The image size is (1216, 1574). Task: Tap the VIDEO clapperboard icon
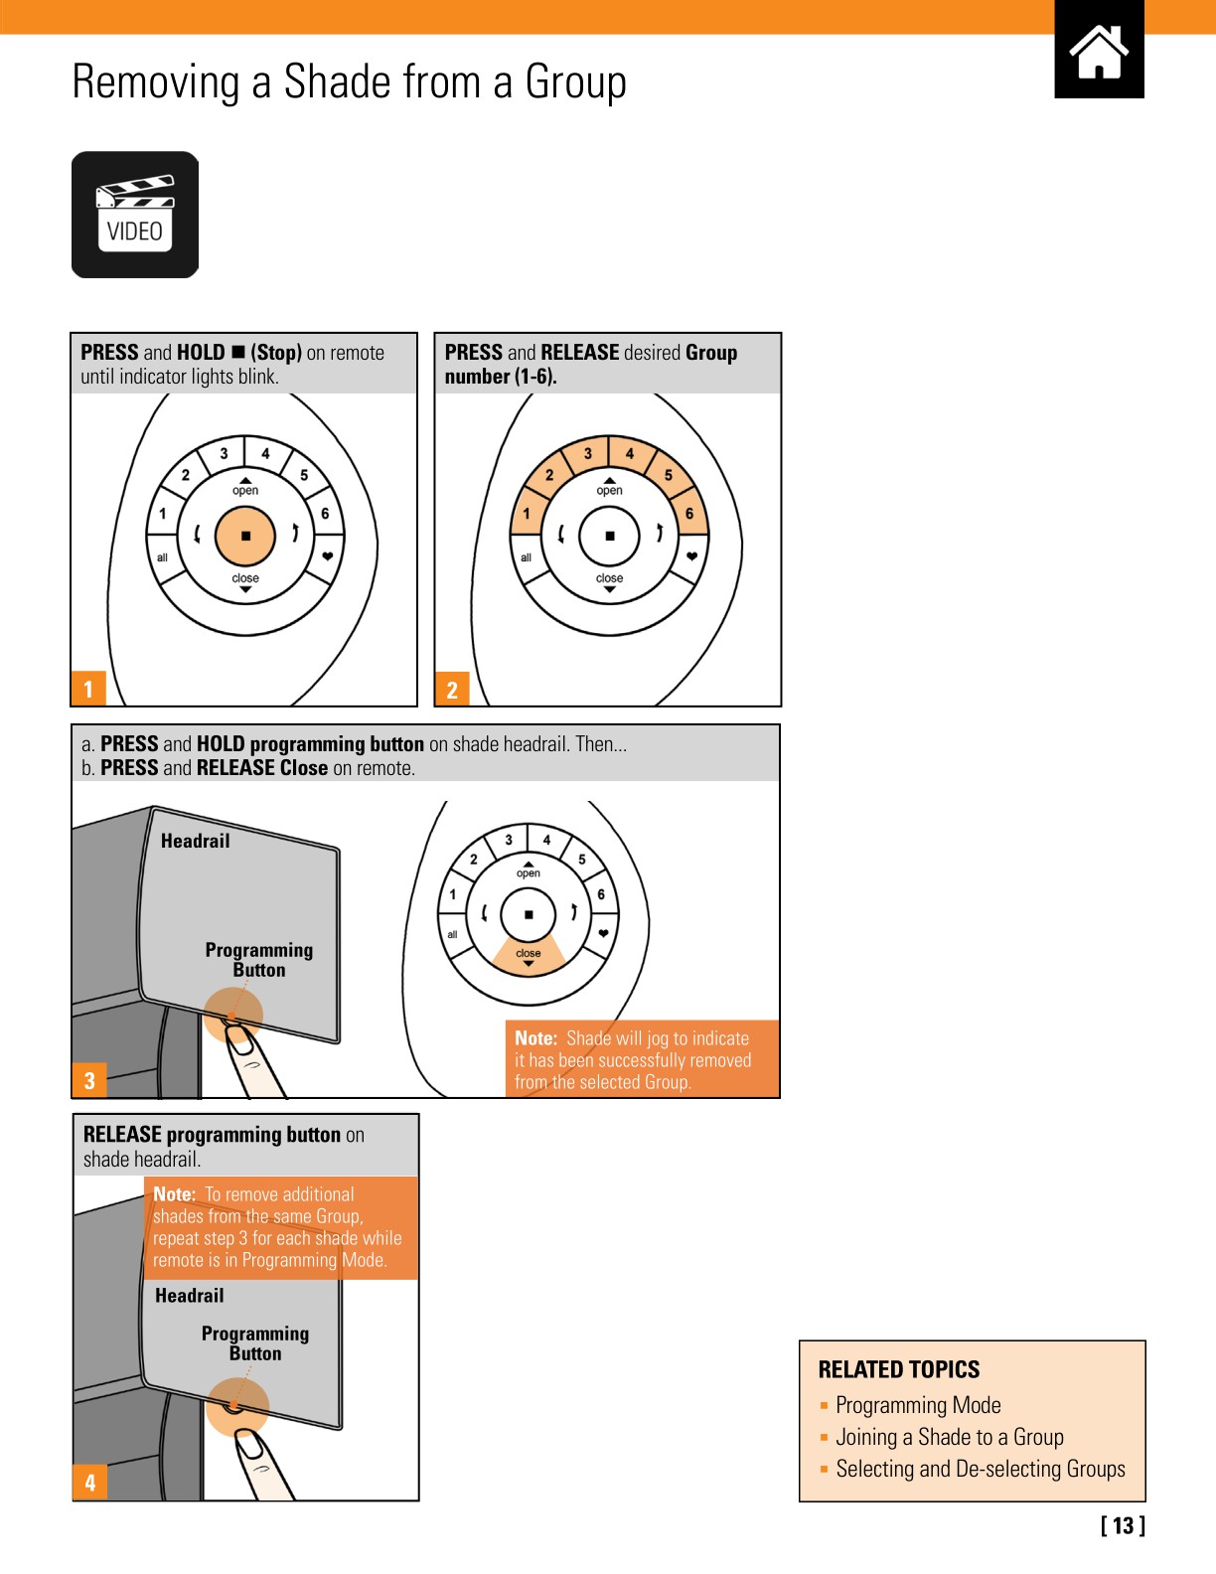(x=135, y=215)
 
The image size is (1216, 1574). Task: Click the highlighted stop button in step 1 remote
(x=245, y=536)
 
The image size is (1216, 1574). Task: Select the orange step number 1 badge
(x=88, y=689)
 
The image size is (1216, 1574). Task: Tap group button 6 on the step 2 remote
(x=688, y=514)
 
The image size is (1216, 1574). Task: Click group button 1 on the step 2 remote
(x=527, y=514)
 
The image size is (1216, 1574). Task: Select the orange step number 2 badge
(x=452, y=689)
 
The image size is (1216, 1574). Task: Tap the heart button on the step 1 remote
(x=327, y=556)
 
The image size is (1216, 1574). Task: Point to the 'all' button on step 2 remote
(x=527, y=557)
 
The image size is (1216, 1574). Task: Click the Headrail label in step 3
(x=196, y=841)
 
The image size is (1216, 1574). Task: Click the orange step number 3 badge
(x=89, y=1080)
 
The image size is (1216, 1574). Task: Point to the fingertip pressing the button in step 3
(x=239, y=1038)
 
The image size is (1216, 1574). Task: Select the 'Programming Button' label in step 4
(x=255, y=1342)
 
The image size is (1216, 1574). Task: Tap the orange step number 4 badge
(x=89, y=1483)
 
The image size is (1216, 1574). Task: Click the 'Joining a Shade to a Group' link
(x=949, y=1437)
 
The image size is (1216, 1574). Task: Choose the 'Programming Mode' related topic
(x=918, y=1405)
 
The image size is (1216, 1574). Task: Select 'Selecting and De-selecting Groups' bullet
(x=980, y=1469)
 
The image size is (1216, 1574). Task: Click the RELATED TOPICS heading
(x=898, y=1369)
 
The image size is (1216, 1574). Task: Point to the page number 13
(x=1123, y=1525)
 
